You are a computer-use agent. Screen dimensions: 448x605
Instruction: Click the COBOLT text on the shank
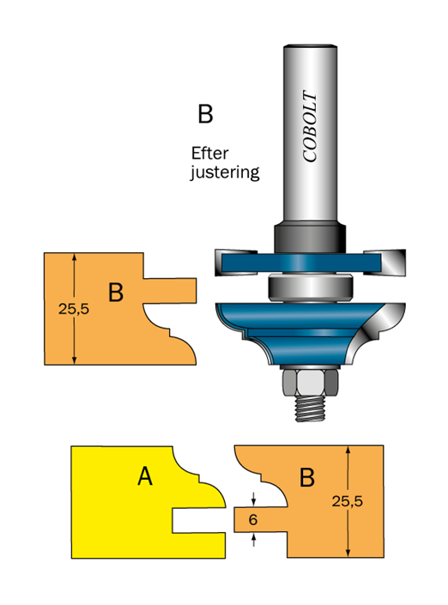(310, 126)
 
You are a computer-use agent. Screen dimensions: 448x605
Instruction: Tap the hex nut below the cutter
(311, 383)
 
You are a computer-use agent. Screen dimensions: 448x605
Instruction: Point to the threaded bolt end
(311, 409)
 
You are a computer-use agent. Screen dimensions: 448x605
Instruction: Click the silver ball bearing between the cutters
(310, 287)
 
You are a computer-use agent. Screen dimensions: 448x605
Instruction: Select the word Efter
(210, 153)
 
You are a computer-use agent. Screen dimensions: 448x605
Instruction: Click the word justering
(225, 172)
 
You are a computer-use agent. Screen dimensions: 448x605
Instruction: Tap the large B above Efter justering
(205, 114)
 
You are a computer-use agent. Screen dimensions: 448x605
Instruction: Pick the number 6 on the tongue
(253, 520)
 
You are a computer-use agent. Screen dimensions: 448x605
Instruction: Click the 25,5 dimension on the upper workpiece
(74, 309)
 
